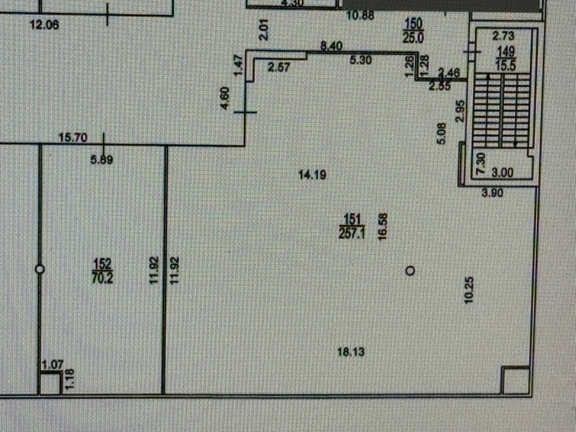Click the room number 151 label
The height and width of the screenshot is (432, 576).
click(352, 219)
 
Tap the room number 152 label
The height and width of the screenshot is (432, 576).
click(103, 264)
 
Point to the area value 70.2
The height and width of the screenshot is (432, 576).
click(103, 278)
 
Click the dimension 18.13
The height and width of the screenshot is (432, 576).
click(351, 351)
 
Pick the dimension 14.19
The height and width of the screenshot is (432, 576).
click(312, 174)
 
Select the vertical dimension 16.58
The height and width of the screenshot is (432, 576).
click(383, 227)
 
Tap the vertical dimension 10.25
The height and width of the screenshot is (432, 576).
click(469, 290)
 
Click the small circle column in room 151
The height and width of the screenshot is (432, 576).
click(410, 270)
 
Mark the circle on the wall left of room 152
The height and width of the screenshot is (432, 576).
click(40, 269)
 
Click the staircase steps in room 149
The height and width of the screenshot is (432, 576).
click(501, 111)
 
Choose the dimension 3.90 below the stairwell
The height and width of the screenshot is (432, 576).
click(492, 193)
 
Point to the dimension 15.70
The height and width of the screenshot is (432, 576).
click(73, 137)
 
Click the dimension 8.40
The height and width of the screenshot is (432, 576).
click(331, 46)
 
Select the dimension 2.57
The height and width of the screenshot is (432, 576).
click(279, 67)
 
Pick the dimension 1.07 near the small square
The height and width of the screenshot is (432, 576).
click(53, 364)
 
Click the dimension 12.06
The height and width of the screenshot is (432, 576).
click(45, 25)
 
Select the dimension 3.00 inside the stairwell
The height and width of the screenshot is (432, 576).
click(503, 172)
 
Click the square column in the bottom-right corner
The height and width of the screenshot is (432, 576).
click(514, 380)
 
